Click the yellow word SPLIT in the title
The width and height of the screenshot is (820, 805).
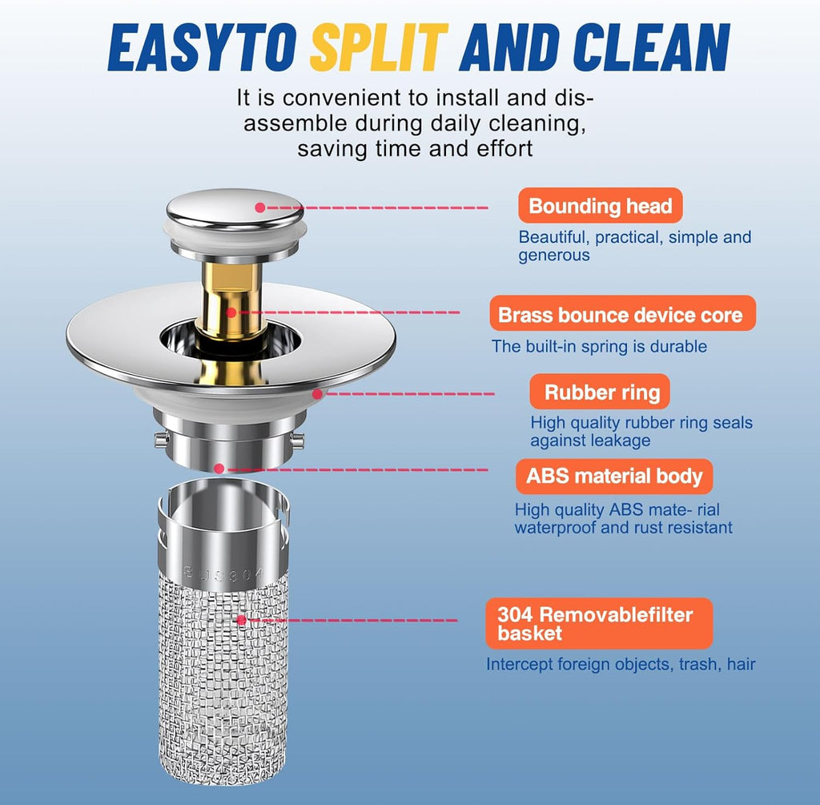click(x=379, y=47)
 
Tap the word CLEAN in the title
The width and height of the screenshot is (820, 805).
click(x=651, y=47)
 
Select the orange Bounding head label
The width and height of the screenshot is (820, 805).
click(x=601, y=206)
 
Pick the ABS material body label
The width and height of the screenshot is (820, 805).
click(x=614, y=477)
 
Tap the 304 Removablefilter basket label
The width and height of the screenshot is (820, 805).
click(x=599, y=623)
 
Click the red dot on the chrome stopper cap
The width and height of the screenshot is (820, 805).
click(x=260, y=207)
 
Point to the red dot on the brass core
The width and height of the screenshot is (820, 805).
click(x=231, y=313)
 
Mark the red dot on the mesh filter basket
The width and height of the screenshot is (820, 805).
click(x=241, y=620)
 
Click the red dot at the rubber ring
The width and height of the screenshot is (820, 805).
click(x=317, y=394)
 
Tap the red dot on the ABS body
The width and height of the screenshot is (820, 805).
click(x=219, y=469)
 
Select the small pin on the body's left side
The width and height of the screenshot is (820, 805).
click(x=161, y=440)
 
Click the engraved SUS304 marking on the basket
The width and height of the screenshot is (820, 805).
click(x=224, y=574)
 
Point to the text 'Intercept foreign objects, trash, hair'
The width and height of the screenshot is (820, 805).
click(x=621, y=664)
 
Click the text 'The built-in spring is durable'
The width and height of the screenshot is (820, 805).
click(x=599, y=346)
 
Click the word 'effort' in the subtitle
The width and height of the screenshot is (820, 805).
click(x=504, y=148)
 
